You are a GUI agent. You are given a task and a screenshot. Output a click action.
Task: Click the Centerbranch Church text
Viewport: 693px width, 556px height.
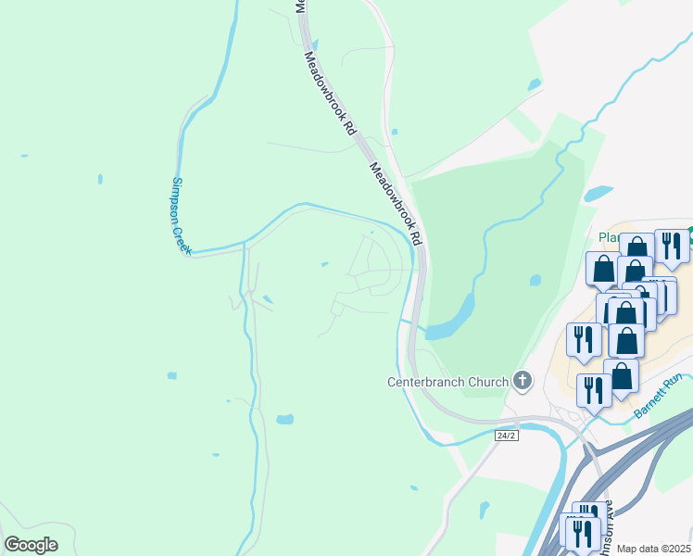point(447,382)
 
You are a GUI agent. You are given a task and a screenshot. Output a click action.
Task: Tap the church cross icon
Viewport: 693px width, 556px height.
point(523,380)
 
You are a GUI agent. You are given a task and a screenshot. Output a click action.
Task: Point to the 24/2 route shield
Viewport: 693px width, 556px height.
point(505,435)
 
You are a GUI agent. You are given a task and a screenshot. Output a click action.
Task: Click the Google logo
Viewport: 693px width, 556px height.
point(31,545)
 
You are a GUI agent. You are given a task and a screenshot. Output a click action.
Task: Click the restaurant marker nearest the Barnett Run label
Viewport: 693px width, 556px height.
point(594,390)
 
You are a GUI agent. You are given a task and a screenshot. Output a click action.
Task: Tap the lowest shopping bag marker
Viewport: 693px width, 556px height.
point(622,376)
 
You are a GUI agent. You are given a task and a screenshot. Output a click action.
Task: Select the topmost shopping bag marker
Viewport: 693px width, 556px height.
point(637,249)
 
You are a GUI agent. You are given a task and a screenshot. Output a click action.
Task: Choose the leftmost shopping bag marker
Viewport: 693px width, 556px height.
point(603,268)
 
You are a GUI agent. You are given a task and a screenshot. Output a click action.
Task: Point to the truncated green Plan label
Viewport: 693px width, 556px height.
point(609,237)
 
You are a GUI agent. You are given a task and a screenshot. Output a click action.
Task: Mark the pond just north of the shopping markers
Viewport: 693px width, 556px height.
point(598,194)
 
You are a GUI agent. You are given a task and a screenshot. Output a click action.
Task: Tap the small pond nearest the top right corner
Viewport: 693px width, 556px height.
point(534,85)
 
